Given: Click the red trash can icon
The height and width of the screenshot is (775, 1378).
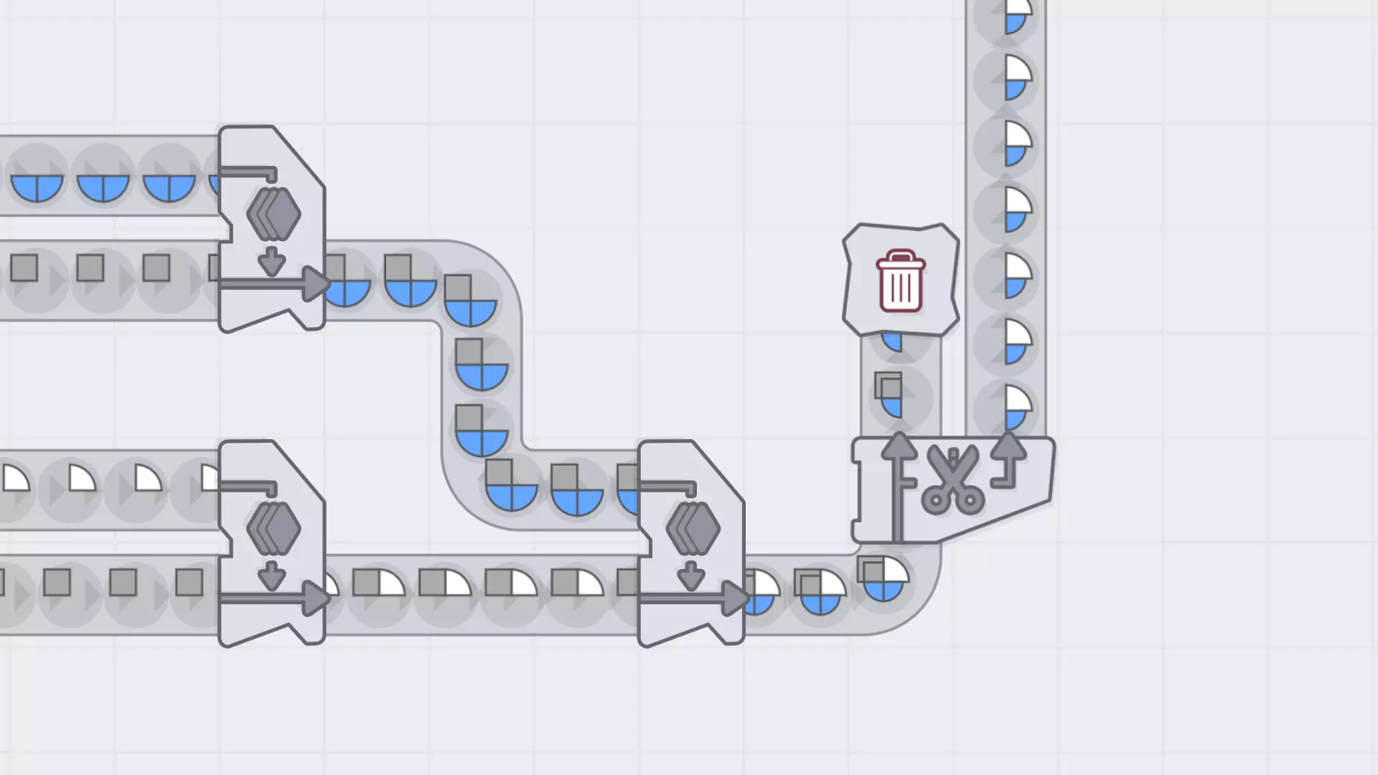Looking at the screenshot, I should point(900,281).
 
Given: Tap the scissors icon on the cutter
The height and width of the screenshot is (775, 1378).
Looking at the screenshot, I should point(952,479).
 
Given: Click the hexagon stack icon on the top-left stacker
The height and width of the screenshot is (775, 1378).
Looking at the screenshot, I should point(273,213).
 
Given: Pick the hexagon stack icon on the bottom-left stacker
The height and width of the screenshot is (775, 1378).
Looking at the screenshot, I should point(273,528).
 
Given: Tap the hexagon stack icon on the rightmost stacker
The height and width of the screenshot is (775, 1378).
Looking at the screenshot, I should point(693,528).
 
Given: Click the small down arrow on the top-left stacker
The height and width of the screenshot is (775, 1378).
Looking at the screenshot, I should point(271,261).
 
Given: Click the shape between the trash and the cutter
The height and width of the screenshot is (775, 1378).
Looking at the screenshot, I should point(889,395).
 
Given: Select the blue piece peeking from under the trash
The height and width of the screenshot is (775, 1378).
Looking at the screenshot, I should point(892,341).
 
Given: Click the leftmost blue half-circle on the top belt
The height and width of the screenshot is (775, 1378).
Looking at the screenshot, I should point(37,187).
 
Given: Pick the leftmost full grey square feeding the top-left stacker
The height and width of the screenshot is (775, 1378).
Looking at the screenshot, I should point(24,268).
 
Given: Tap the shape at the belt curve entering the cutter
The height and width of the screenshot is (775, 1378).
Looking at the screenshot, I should point(883,578).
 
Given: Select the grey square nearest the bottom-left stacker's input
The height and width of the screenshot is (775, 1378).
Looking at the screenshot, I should point(189,583).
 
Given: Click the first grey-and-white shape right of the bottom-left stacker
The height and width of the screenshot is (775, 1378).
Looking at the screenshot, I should point(378,583).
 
